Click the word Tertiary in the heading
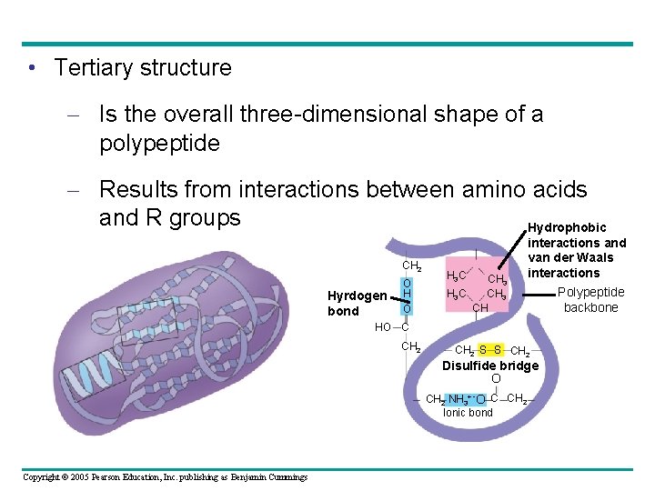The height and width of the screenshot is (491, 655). [x=94, y=68]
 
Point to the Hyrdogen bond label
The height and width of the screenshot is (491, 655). [x=357, y=303]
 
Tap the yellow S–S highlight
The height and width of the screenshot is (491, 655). [x=492, y=351]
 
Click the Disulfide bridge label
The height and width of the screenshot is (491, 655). [x=490, y=366]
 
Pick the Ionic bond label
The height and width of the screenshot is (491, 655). [x=468, y=413]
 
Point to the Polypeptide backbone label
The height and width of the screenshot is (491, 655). [x=590, y=300]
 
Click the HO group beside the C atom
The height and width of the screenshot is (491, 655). [x=382, y=327]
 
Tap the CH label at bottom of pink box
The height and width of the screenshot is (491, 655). [x=481, y=307]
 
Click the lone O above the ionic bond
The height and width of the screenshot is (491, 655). [x=496, y=378]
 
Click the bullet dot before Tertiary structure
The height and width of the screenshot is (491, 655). [x=32, y=69]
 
